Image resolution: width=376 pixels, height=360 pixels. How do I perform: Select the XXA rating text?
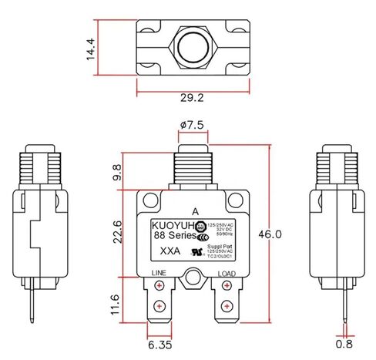[172, 251]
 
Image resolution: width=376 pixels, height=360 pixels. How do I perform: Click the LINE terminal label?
[157, 273]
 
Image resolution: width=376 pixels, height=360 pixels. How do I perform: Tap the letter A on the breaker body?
[194, 210]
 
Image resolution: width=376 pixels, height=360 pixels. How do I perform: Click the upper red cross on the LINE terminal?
[159, 289]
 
